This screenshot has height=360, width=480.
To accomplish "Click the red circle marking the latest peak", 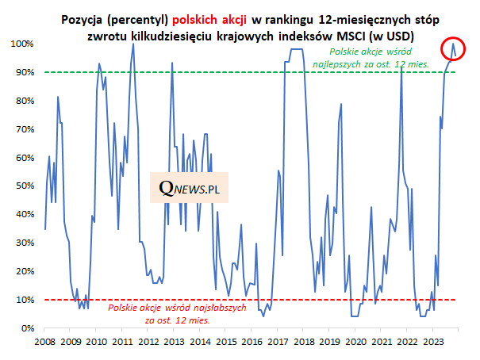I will pyautogui.click(x=453, y=49).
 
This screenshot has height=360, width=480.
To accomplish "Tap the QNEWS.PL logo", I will pyautogui.click(x=189, y=189).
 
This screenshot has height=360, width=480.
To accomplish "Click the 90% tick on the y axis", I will pyautogui.click(x=21, y=72).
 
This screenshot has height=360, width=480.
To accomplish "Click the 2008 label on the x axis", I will pyautogui.click(x=44, y=342).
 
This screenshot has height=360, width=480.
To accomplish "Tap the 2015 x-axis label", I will pyautogui.click(x=226, y=342).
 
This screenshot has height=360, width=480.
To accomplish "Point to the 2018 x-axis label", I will pyautogui.click(x=304, y=342).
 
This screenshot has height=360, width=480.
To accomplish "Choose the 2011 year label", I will pyautogui.click(x=122, y=342).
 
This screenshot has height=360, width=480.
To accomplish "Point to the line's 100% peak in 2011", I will pyautogui.click(x=132, y=44).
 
